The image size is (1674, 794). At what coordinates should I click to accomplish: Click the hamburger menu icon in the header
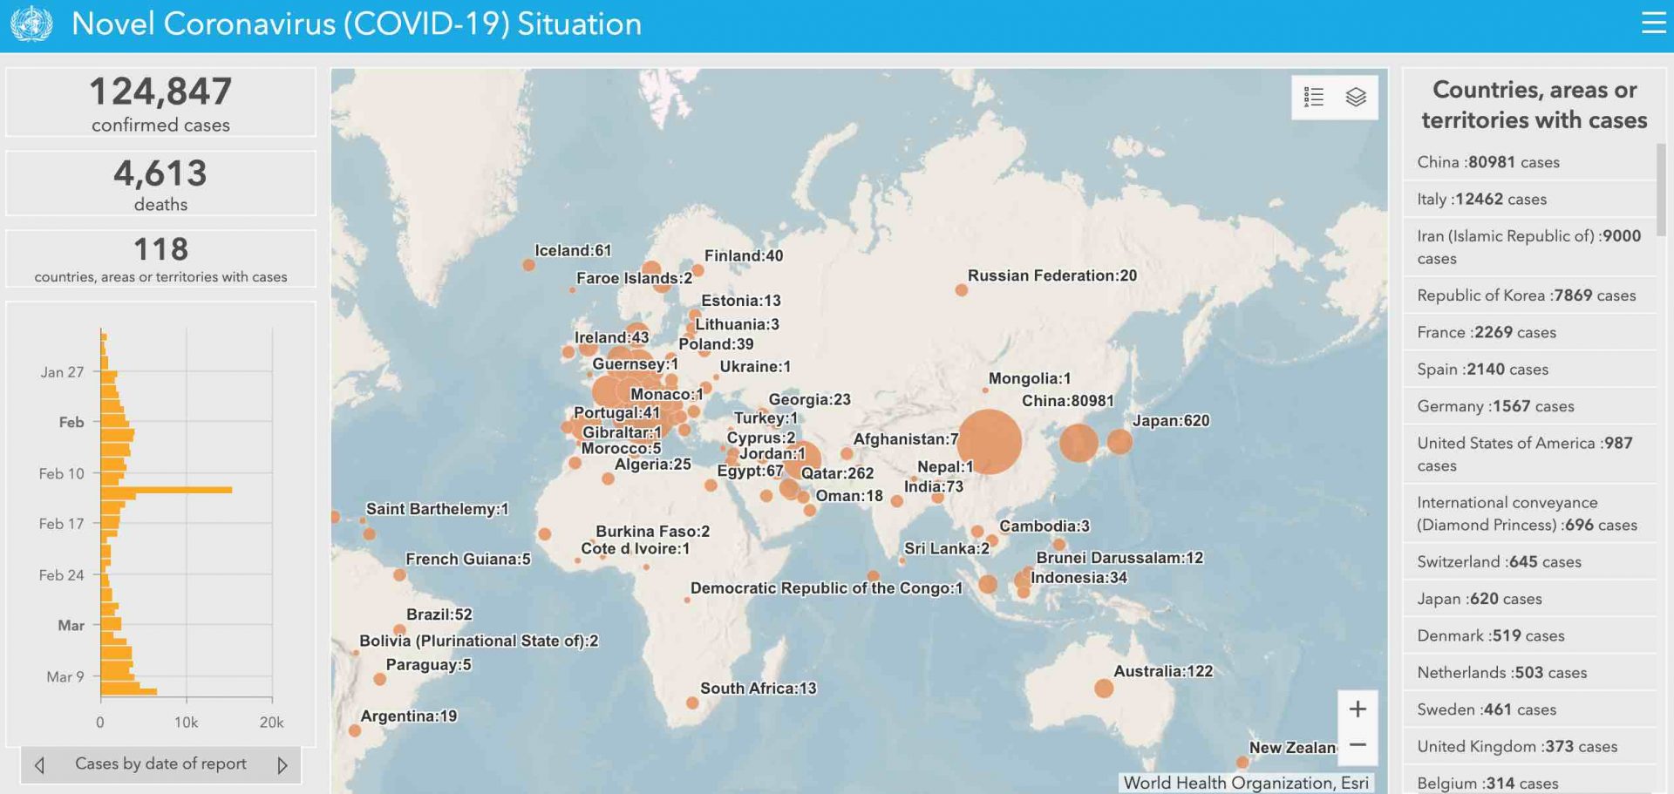(1653, 23)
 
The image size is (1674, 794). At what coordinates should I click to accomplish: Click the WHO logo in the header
(31, 24)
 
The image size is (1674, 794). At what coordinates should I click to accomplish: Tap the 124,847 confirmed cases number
(160, 92)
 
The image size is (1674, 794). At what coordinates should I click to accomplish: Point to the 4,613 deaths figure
(160, 173)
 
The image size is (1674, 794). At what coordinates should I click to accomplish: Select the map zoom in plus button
(1358, 709)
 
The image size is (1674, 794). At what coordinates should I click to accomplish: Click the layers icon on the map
(1356, 97)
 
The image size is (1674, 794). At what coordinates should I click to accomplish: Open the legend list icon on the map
(1314, 97)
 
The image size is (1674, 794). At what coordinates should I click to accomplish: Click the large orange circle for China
(988, 441)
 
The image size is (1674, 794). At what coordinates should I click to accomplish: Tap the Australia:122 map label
(1163, 671)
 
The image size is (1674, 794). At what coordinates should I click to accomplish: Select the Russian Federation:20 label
(1051, 275)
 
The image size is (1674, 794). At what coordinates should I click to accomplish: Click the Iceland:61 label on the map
(573, 250)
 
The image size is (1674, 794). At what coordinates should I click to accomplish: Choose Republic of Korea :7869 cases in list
(1526, 295)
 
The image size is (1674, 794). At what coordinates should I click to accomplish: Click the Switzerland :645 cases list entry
(1499, 562)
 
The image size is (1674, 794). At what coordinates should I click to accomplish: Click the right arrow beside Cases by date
(282, 765)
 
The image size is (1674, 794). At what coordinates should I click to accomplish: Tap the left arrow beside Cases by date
(39, 765)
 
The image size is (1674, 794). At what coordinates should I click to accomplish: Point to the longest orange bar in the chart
(167, 490)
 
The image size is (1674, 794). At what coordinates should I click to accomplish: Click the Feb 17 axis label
(61, 524)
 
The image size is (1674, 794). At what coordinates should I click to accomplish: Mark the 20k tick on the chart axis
(272, 723)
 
